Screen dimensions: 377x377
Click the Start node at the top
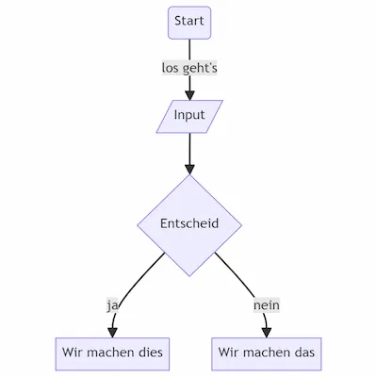click(x=189, y=22)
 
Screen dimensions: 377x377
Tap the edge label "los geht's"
click(x=189, y=68)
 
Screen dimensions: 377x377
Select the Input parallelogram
click(x=189, y=116)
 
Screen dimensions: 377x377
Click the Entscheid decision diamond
click(x=189, y=224)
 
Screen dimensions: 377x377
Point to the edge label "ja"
click(x=112, y=305)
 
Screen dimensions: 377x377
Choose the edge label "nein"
click(x=266, y=305)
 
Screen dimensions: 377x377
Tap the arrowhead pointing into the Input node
click(x=189, y=93)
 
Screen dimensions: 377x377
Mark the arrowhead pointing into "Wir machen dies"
click(x=113, y=331)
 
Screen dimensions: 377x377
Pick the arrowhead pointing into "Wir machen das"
click(x=266, y=331)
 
